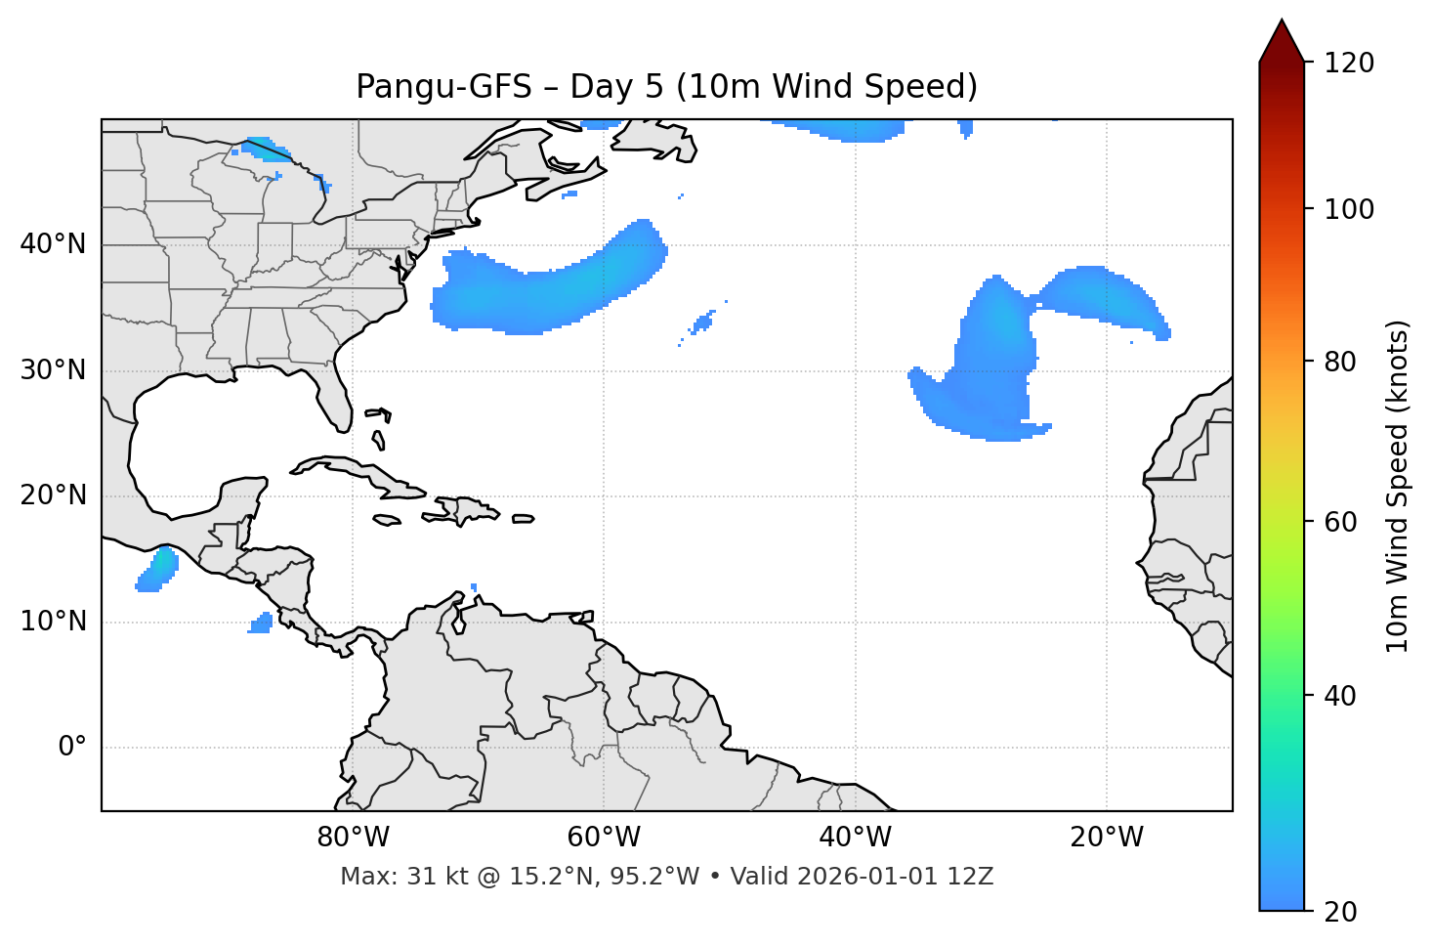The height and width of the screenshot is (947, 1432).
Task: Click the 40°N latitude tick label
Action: tap(53, 244)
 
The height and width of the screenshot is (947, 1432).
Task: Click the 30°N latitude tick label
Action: tap(53, 370)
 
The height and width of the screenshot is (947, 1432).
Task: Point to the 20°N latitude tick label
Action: tap(53, 495)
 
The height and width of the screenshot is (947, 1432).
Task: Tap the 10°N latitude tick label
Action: tap(53, 622)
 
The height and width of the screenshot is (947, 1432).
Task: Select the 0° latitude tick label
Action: tap(72, 748)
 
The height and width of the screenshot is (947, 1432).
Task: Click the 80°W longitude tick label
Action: tap(353, 838)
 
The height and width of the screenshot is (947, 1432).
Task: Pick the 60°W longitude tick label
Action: tap(604, 838)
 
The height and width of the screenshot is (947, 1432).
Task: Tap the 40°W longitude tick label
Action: tap(855, 838)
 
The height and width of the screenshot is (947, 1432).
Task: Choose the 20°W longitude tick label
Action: tap(1106, 838)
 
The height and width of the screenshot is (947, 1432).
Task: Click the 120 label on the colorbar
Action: tap(1349, 64)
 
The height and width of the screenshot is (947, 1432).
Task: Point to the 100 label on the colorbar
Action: tap(1349, 209)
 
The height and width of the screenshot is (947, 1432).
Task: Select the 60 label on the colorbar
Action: tap(1340, 522)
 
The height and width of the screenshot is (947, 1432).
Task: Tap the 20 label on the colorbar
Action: tap(1340, 912)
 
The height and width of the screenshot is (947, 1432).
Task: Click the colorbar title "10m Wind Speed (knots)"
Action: tap(1398, 486)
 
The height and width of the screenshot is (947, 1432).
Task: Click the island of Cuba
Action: tap(352, 469)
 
